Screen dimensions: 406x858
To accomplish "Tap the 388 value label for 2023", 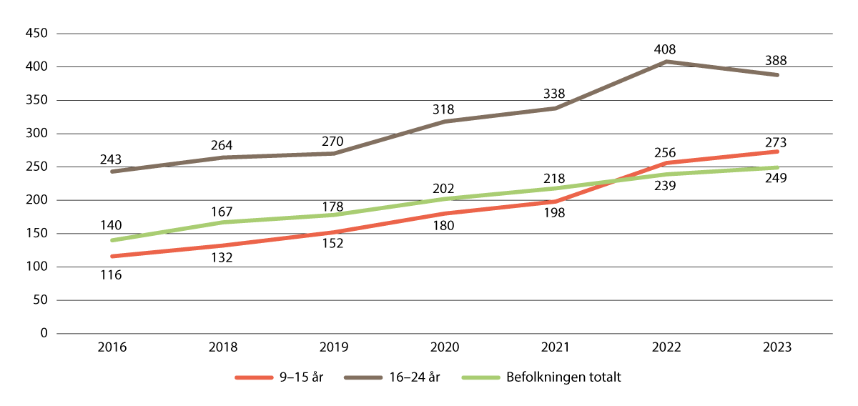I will point(777,61).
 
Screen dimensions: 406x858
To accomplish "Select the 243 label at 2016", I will point(112,159).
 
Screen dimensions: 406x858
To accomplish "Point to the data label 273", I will point(777,142).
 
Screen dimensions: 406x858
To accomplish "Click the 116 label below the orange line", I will point(112,274).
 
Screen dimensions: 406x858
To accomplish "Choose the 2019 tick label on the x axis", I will point(334,349).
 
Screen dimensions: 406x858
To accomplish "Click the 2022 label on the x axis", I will point(666,349).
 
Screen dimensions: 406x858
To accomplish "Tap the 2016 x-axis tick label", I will point(112,349).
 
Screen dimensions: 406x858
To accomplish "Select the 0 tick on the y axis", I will point(44,334).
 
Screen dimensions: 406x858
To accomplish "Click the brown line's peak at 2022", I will point(666,61).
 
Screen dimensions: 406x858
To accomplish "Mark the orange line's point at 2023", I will point(777,152).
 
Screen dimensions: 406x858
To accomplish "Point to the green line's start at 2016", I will point(112,240).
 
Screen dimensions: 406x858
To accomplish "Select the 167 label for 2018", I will point(223,212).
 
